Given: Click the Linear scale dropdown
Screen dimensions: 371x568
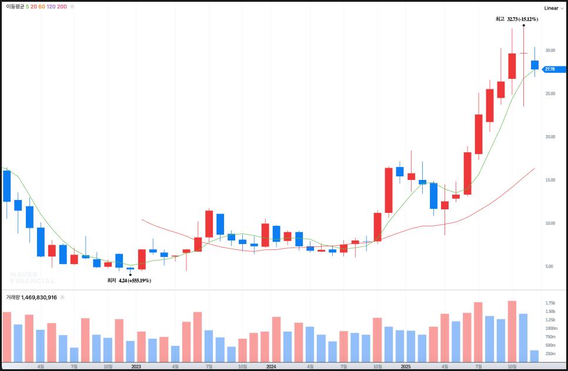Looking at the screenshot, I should tap(553, 8).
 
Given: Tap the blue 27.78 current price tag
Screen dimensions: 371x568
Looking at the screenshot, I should tap(550, 69).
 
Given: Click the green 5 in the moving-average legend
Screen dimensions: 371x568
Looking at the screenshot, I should tap(27, 6).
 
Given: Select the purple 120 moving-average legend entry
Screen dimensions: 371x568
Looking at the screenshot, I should tap(51, 6).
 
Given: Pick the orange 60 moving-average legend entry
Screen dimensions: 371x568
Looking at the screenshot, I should tap(41, 6).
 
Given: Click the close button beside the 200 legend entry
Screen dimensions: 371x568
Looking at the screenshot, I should tap(72, 6).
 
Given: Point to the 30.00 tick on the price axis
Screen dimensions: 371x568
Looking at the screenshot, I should tap(550, 51).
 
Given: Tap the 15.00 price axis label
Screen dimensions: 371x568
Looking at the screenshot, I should tap(550, 180).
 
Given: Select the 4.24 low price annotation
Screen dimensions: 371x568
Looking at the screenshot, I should tap(135, 281).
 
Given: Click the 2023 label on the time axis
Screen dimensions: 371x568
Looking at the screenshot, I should tap(136, 366).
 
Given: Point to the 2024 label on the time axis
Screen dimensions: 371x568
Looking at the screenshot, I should tap(270, 366).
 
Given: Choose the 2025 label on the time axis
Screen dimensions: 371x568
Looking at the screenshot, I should tap(406, 366).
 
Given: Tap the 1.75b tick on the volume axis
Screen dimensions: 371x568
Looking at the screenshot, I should tap(550, 303).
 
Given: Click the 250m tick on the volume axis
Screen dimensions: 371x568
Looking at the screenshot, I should tap(550, 354).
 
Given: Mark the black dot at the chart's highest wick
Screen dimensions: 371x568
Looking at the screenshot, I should tap(523, 25).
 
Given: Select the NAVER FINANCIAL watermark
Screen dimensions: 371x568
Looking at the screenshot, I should tap(32, 278).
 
